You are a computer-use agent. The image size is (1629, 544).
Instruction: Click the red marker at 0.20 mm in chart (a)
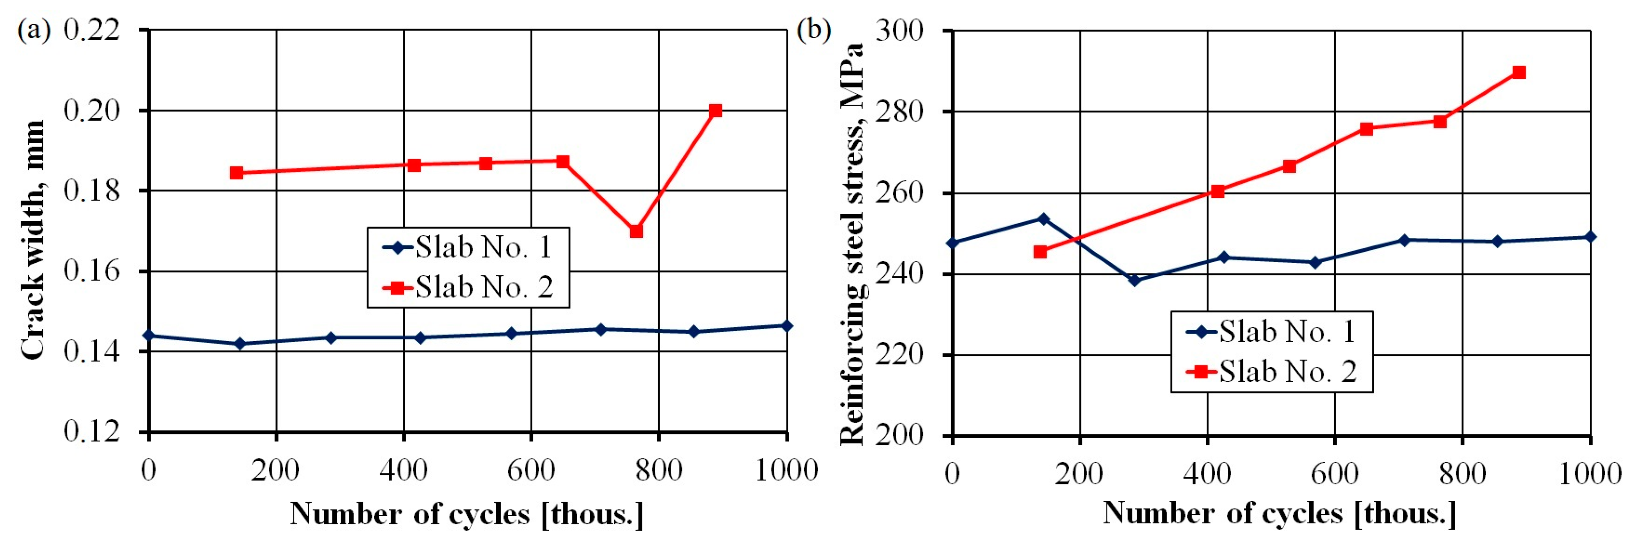point(715,111)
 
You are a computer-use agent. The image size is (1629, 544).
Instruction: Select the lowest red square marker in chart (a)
point(636,232)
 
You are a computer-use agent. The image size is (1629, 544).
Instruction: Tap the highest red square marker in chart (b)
point(1519,73)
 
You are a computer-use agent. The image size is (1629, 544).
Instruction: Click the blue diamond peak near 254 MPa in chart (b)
point(1043,219)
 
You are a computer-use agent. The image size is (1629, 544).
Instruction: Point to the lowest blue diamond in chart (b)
point(1135,280)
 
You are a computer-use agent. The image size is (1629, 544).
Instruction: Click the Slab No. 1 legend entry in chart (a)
point(468,247)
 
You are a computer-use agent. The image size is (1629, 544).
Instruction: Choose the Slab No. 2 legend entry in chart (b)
point(1271,371)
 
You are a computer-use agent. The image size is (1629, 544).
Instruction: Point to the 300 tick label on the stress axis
point(899,31)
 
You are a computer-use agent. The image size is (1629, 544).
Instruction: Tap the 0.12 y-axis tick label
point(92,431)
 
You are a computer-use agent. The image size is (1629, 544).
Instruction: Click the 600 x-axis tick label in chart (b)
point(1335,474)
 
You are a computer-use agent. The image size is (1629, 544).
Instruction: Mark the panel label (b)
point(814,30)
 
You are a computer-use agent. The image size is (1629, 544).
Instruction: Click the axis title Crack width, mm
point(33,240)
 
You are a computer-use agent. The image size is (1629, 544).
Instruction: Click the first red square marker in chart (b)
point(1040,252)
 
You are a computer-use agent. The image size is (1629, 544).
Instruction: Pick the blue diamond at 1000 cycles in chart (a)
point(787,326)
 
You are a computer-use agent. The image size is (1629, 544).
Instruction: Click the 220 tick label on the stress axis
point(899,355)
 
